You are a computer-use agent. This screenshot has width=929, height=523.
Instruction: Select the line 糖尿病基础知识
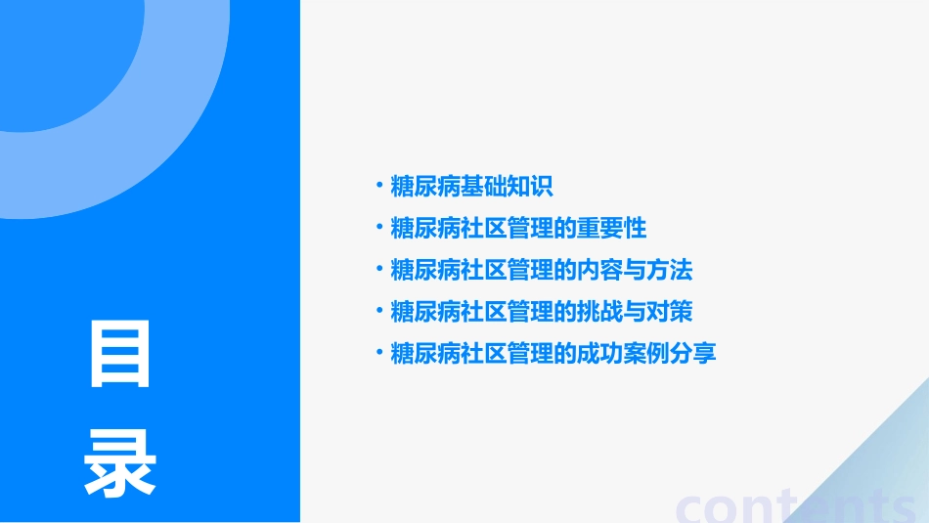[471, 186]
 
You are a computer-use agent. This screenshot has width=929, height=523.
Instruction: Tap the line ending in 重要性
[518, 228]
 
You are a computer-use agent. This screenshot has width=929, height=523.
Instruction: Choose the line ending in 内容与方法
[541, 270]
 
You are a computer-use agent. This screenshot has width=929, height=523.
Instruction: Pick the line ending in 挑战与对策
[541, 311]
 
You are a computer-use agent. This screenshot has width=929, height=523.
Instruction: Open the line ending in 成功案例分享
[553, 353]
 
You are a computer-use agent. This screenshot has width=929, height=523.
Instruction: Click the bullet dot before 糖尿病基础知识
[379, 185]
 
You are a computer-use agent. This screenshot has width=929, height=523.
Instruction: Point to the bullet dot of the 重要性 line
[379, 227]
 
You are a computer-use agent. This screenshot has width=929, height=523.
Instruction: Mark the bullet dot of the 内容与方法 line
[379, 269]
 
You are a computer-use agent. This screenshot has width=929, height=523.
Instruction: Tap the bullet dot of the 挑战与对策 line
[379, 310]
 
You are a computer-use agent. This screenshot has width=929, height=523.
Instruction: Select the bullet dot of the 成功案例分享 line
[379, 352]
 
